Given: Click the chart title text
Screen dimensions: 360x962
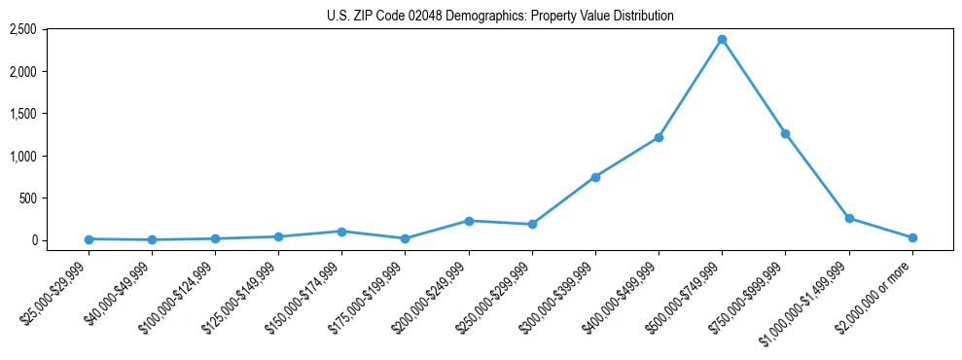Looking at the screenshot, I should click(x=500, y=17).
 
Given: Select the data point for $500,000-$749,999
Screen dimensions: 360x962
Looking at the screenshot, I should click(x=722, y=40).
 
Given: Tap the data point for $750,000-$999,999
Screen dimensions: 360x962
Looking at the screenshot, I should click(x=785, y=134).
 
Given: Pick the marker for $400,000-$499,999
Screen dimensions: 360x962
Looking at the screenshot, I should click(x=659, y=137).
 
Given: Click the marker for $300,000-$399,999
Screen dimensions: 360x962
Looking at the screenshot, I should click(x=595, y=177).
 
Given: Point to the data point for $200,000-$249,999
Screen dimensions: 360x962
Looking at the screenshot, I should click(x=469, y=221).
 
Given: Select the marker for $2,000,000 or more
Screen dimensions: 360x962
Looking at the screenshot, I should click(x=912, y=237).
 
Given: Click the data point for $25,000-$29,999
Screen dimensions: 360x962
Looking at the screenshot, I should click(x=89, y=239).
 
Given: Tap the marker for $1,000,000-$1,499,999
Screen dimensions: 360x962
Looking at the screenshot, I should click(x=849, y=219).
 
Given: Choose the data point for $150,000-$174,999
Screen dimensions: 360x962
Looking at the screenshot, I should click(x=341, y=232).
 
